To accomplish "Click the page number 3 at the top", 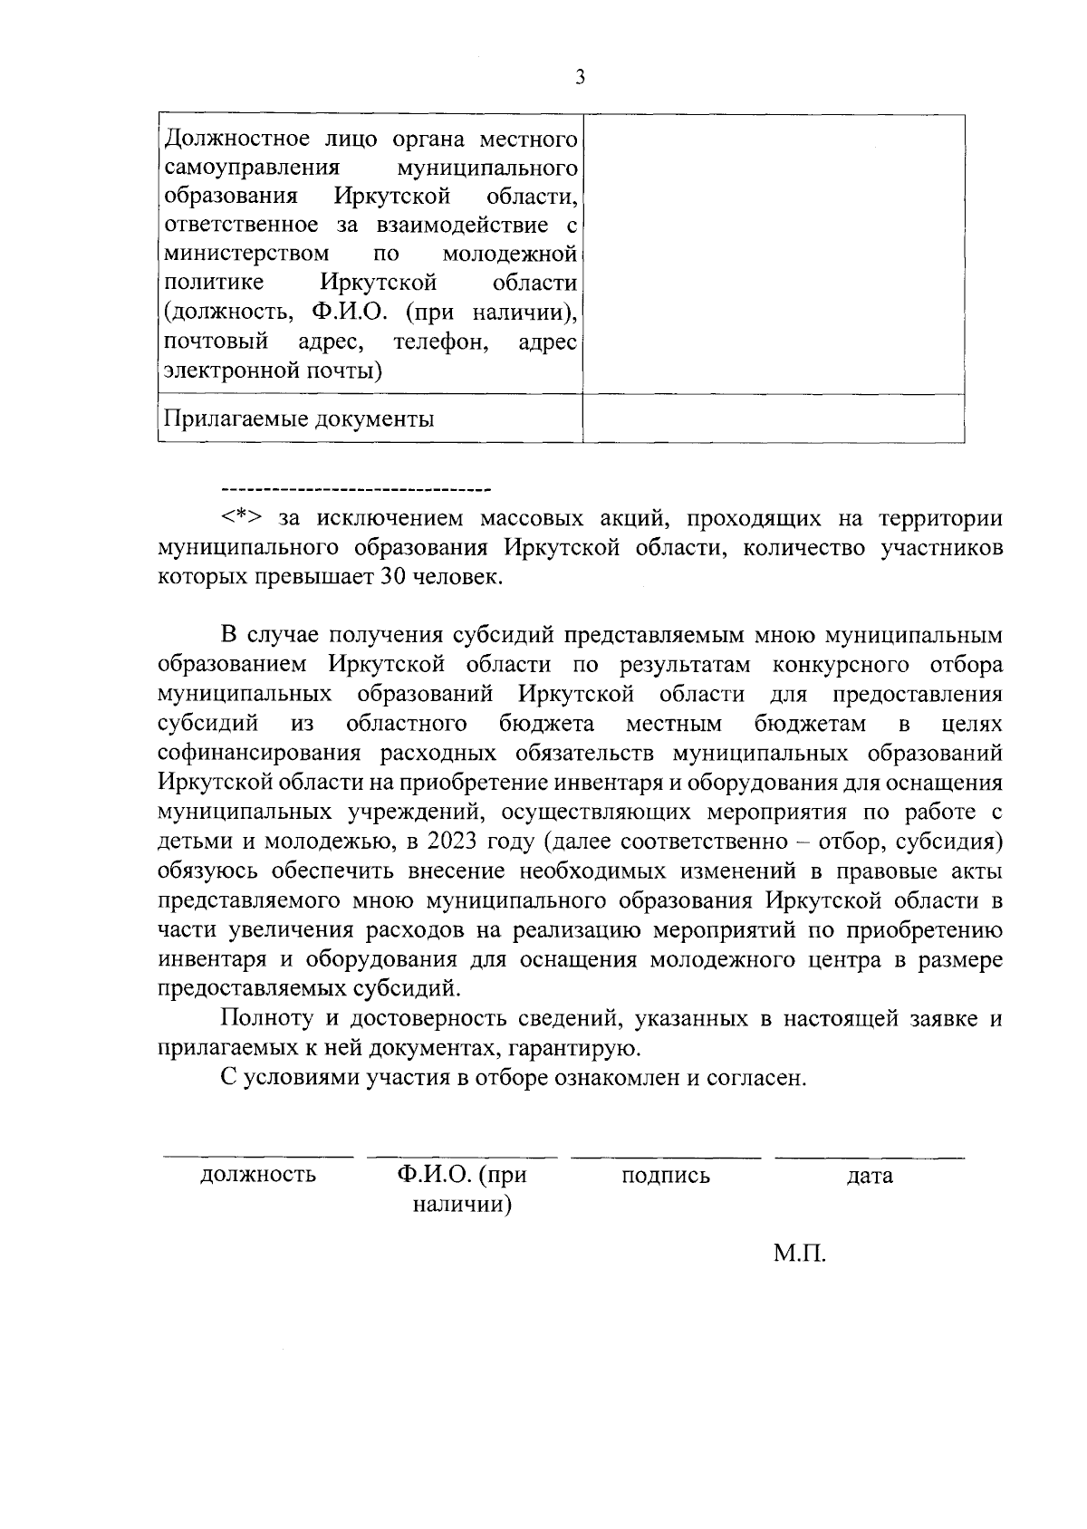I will point(580,78).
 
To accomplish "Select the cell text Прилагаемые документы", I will point(300,419).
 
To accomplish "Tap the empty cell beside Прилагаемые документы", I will point(773,418).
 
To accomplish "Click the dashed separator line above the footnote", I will point(355,489).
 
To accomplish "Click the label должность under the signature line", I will point(258,1176).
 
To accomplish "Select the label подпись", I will point(666,1176).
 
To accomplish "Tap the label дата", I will point(870,1176).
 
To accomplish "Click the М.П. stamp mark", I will point(800,1255).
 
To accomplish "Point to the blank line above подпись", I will point(666,1157).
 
